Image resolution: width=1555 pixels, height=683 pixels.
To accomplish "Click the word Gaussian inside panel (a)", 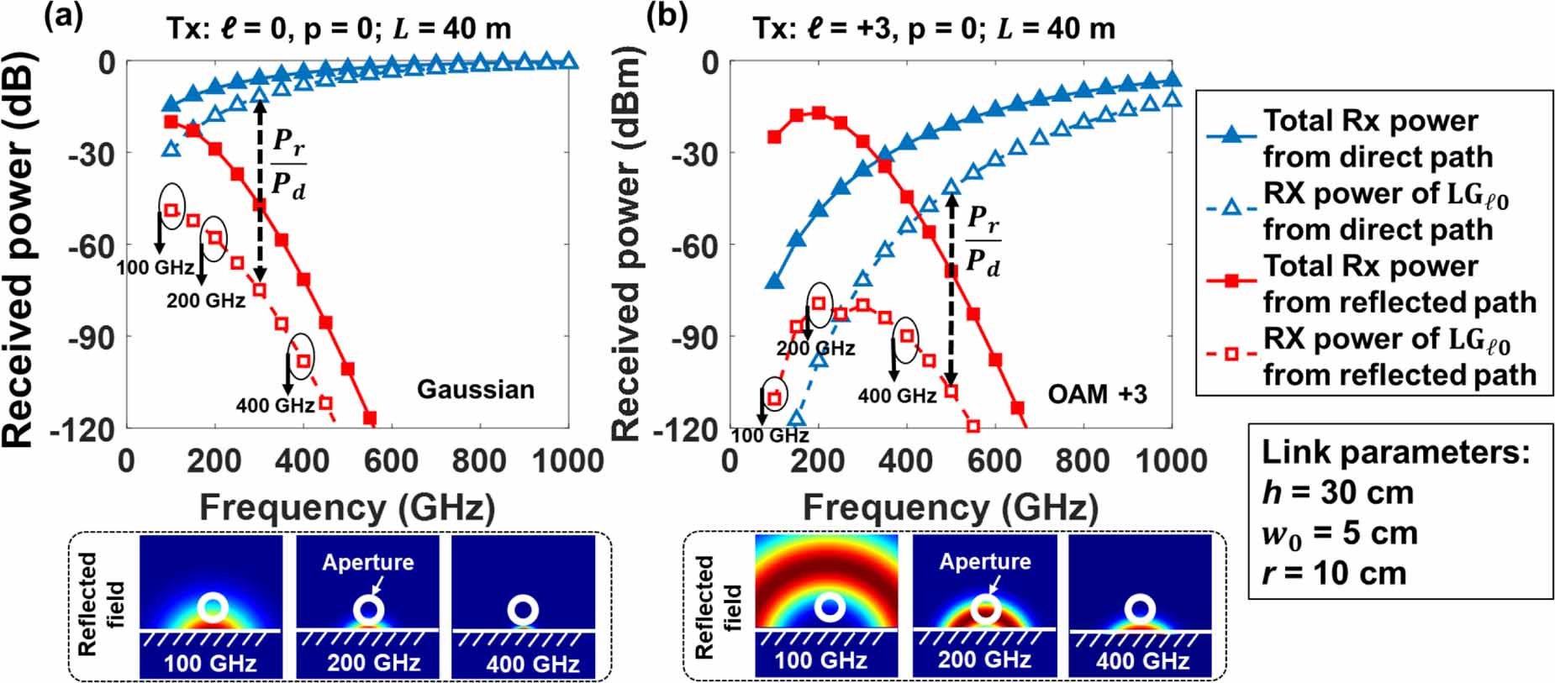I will [476, 390].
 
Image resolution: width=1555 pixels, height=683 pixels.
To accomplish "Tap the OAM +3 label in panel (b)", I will [1097, 394].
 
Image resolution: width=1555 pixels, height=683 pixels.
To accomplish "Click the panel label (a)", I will [63, 16].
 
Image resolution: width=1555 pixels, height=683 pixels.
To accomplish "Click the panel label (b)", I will [667, 16].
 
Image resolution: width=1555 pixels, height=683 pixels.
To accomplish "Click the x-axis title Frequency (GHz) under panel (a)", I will [347, 508].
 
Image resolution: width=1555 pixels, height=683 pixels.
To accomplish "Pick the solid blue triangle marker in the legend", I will [1231, 136].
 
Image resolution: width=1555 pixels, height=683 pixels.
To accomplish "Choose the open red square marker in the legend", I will [1231, 355].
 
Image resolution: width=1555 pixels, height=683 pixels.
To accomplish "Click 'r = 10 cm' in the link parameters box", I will [1334, 574].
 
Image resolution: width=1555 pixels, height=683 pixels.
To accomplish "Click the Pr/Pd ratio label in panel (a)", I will [288, 164].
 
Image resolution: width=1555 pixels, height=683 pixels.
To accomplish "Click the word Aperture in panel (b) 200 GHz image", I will [984, 561].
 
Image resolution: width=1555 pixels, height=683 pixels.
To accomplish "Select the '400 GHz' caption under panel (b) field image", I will [1142, 661].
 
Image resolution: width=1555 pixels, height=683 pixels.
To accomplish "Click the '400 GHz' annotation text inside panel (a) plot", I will [275, 406].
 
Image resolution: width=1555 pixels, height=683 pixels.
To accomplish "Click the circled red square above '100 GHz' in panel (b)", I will [774, 398].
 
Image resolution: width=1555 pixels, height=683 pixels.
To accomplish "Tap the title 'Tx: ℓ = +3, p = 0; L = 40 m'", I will [933, 29].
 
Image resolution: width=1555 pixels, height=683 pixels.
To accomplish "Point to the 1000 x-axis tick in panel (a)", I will [569, 461].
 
